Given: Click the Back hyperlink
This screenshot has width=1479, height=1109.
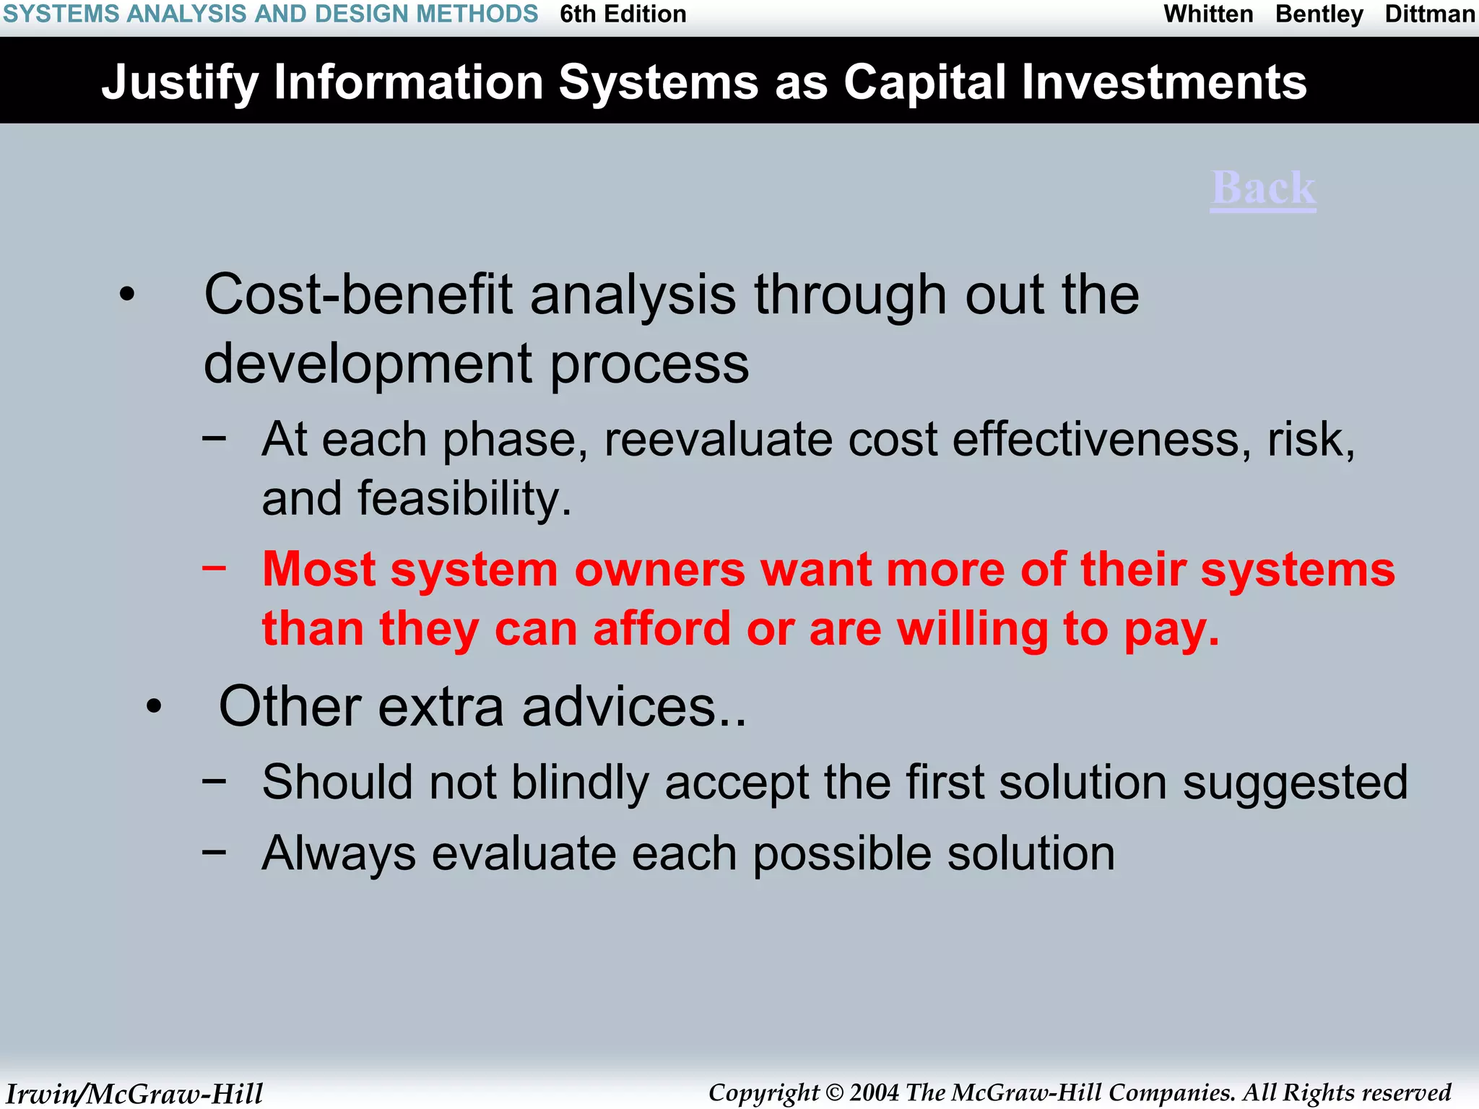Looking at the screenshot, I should (1263, 188).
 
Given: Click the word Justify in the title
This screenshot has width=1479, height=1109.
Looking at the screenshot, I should (180, 83).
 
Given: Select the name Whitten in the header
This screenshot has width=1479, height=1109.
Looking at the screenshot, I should (1208, 14).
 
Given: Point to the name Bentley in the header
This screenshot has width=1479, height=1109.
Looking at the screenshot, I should (1319, 14).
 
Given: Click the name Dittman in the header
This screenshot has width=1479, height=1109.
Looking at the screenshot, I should (1429, 14).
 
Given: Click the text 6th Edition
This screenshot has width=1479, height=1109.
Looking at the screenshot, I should (623, 14).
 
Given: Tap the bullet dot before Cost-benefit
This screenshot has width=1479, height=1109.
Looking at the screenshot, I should (127, 295).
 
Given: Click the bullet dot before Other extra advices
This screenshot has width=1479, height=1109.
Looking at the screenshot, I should (153, 707).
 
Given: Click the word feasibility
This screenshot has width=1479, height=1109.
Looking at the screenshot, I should (464, 499).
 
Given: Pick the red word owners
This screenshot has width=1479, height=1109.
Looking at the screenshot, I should (659, 570).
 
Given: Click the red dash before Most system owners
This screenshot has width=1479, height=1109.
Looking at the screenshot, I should (214, 568).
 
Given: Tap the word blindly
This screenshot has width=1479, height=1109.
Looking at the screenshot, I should (580, 782).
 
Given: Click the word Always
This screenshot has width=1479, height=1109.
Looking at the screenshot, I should (339, 853).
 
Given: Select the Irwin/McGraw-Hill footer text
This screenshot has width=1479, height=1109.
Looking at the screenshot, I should (134, 1093).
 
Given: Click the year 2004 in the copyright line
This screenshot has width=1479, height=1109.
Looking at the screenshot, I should (874, 1092).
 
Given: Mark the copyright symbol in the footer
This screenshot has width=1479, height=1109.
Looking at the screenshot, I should (834, 1093).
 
